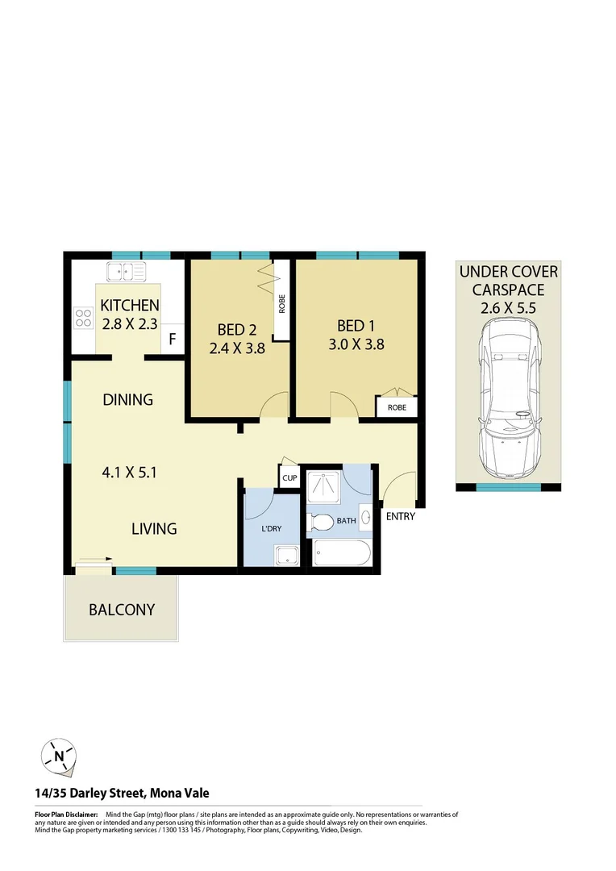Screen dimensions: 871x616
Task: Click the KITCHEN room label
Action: (x=129, y=306)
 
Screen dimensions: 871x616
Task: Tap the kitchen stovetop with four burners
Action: (x=83, y=318)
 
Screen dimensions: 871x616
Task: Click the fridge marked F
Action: (x=172, y=340)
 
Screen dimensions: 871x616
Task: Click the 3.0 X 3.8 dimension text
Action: (x=356, y=344)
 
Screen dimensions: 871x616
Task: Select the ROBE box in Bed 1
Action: (x=397, y=408)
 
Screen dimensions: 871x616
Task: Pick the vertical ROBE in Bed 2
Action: (x=282, y=302)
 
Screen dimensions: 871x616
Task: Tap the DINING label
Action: (x=127, y=399)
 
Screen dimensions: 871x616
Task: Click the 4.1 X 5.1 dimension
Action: (x=129, y=472)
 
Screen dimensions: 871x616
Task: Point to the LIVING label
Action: (x=154, y=529)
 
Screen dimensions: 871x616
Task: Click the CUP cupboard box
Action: (x=289, y=478)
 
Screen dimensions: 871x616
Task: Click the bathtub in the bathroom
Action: (x=341, y=555)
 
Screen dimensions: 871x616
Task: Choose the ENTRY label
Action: (x=400, y=516)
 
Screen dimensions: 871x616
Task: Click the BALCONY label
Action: (x=122, y=610)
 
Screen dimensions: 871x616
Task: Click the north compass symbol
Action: (x=59, y=756)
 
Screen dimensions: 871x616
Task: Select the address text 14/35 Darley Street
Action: (x=122, y=794)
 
